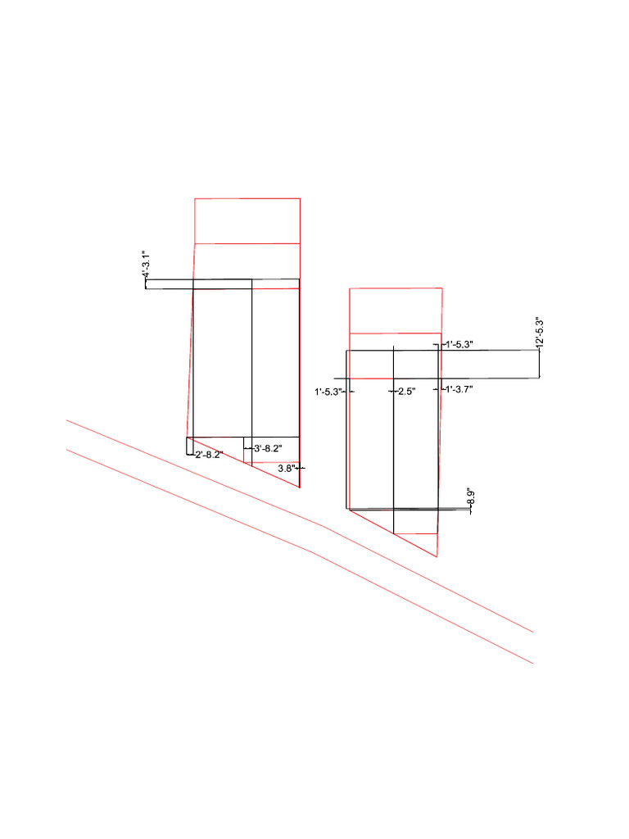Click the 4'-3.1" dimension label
[144, 266]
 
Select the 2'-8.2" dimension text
[209, 456]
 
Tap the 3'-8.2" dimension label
[269, 448]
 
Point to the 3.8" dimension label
[286, 468]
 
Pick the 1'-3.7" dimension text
[459, 389]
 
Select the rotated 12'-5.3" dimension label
[540, 334]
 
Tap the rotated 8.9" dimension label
[470, 497]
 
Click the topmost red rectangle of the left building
[247, 220]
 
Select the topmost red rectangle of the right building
[396, 311]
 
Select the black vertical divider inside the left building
[251, 361]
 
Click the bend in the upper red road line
[326, 527]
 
